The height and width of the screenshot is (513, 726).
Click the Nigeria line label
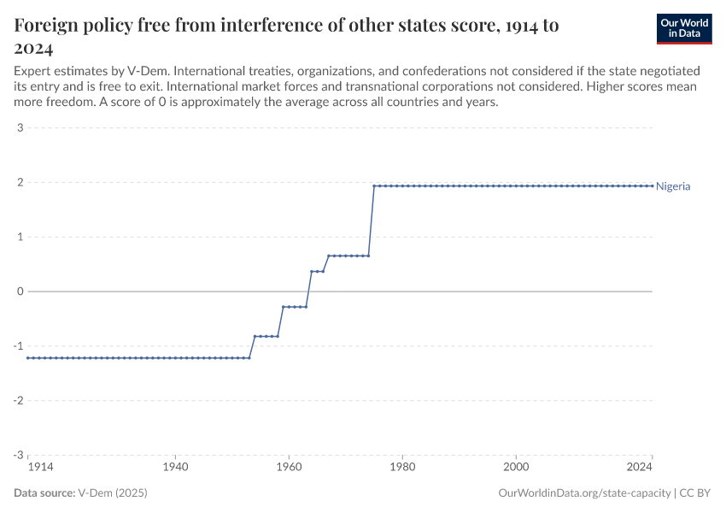[673, 186]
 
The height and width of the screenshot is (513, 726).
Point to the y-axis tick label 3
[20, 128]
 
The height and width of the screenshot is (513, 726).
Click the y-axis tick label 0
[20, 292]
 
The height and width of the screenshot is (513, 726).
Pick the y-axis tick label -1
[18, 346]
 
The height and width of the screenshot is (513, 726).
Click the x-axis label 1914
[27, 469]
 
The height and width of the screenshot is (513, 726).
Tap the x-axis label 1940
[175, 469]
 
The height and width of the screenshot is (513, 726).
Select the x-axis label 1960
[289, 469]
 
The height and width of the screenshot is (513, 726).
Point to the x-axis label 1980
[402, 469]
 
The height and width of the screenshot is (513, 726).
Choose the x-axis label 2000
[516, 469]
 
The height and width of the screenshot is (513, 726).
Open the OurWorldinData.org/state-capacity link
[584, 493]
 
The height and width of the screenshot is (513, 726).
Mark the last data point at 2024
[653, 186]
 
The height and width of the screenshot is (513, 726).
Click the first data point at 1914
[28, 357]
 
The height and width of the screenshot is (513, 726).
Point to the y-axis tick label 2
[20, 183]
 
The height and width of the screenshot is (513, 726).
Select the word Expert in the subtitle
[33, 69]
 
